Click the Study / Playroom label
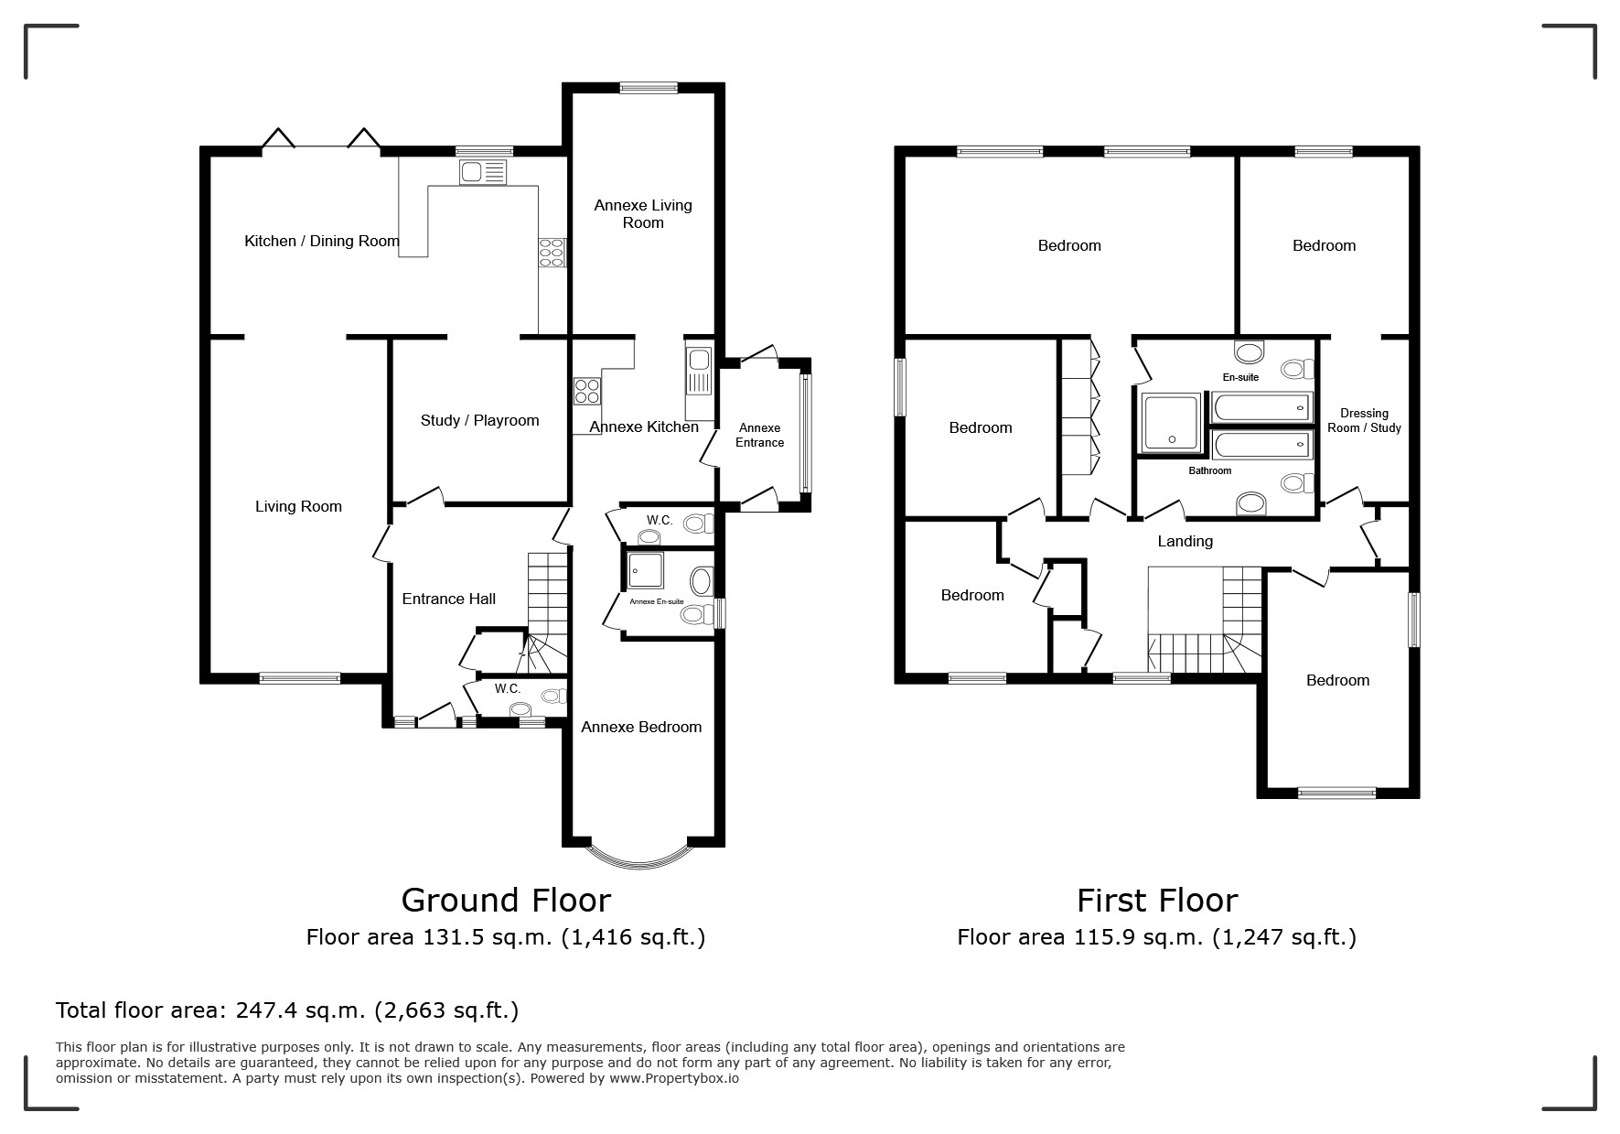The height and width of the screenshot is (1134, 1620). (479, 421)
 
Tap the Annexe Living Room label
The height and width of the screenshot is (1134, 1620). (643, 214)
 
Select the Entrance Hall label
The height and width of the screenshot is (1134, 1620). (449, 599)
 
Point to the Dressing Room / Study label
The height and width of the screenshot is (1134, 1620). (1364, 421)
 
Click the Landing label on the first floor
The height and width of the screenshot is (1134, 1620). (1185, 542)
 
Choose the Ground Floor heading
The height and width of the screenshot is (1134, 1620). (506, 901)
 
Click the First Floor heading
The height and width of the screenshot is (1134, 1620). (1157, 901)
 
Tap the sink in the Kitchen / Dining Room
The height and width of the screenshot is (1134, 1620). (484, 172)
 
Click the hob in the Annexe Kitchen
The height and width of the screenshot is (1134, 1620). (587, 392)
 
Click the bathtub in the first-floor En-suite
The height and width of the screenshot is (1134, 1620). (1261, 407)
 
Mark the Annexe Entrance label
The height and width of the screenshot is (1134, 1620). (760, 436)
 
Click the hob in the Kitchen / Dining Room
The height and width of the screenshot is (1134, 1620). (553, 252)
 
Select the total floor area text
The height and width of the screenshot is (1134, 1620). (287, 1010)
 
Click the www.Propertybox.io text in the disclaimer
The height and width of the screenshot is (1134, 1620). (674, 1078)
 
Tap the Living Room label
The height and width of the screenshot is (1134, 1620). (298, 507)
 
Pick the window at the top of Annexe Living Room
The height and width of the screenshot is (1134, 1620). (649, 88)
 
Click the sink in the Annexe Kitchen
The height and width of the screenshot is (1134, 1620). (698, 372)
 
